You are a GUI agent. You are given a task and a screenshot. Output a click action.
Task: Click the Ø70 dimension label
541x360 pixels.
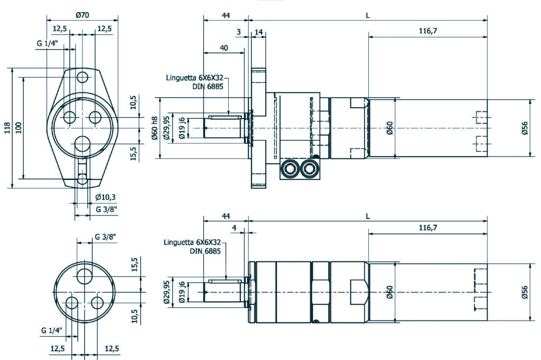(82, 15)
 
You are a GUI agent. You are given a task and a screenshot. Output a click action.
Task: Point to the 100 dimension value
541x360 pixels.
(19, 127)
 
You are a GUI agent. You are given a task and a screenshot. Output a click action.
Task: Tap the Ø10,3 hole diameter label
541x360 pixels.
(105, 197)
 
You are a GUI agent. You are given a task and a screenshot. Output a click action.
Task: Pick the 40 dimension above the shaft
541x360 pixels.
(223, 48)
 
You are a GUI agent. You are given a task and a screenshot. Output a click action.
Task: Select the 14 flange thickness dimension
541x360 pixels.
(259, 32)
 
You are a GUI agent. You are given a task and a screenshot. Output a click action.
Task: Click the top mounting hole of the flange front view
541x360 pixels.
(82, 78)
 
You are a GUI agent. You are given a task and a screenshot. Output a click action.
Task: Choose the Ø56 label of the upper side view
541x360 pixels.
(525, 128)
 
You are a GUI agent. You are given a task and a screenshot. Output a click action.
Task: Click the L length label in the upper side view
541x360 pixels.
(368, 15)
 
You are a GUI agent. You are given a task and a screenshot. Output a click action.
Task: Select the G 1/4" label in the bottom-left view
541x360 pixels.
(52, 330)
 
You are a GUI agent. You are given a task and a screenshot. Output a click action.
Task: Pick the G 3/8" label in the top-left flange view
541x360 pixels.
(106, 209)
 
